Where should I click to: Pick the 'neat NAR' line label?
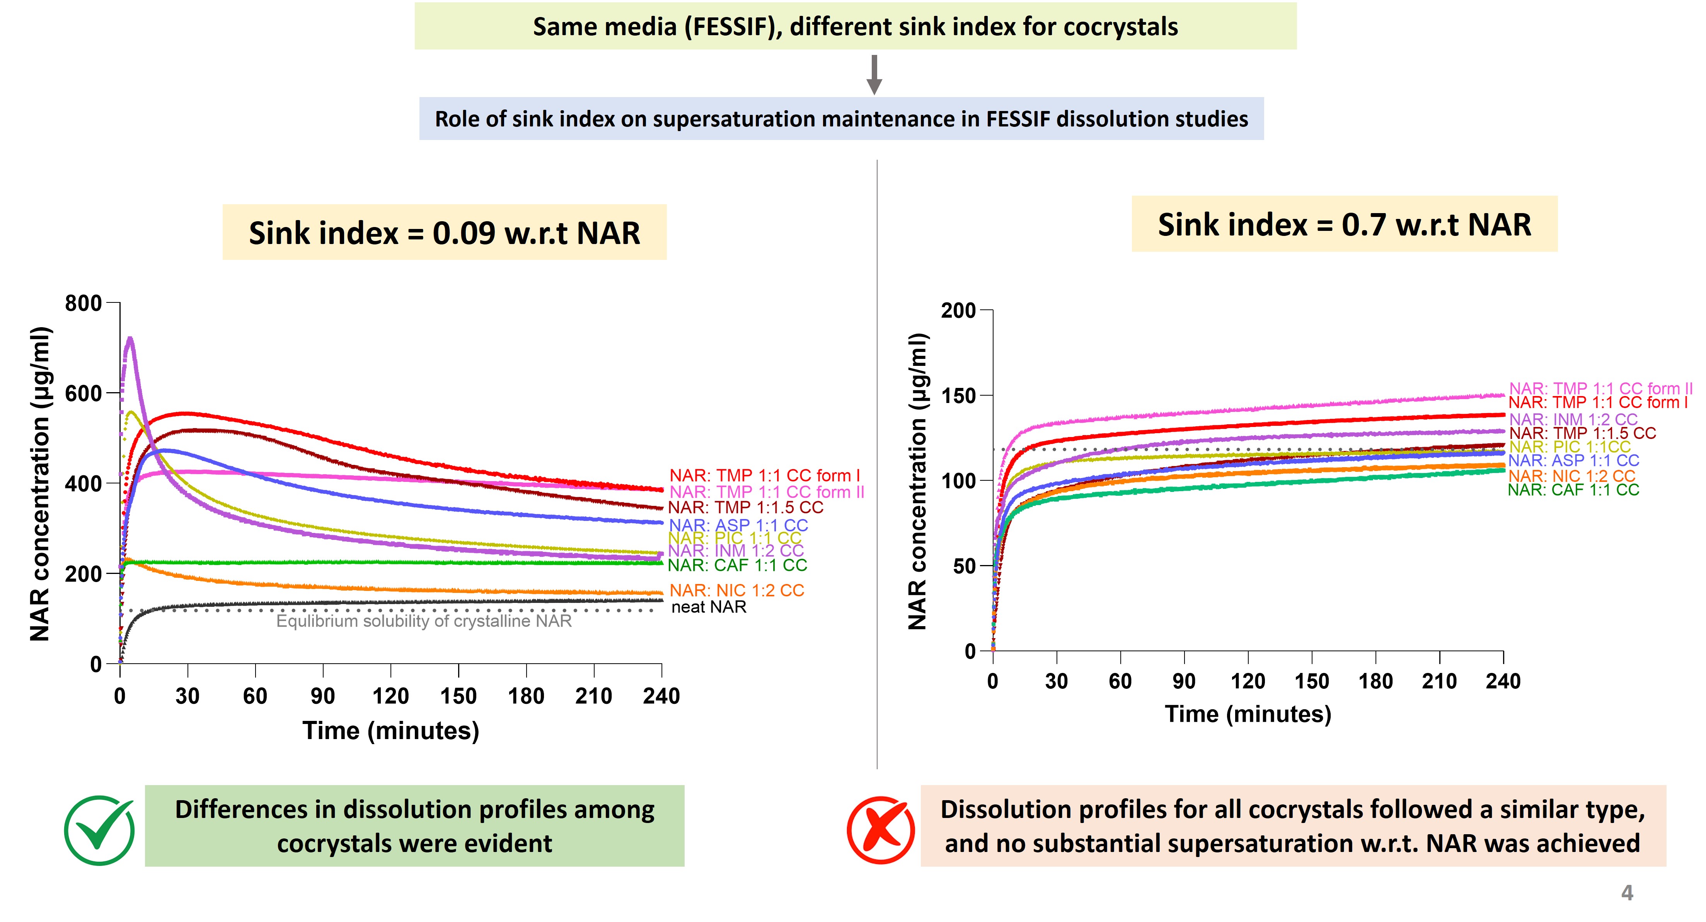click(709, 607)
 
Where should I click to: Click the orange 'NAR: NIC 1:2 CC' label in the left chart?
click(736, 590)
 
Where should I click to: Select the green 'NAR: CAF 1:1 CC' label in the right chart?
click(1573, 490)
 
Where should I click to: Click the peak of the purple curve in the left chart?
click(130, 339)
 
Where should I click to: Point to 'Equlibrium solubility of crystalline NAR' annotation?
click(424, 621)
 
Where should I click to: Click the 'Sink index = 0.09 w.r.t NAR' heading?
click(445, 232)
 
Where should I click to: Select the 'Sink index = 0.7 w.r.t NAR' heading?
click(1345, 225)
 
